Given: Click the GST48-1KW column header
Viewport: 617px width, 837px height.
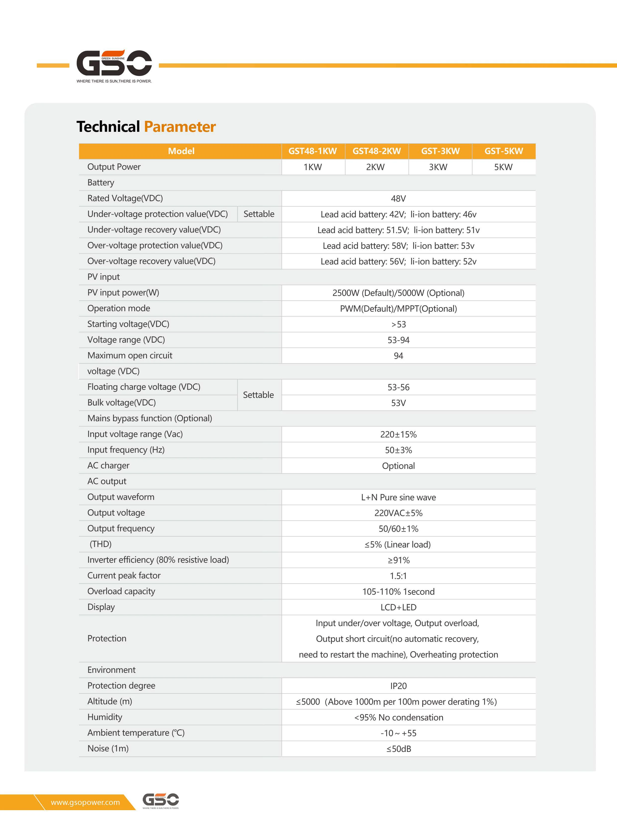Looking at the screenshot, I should coord(313,151).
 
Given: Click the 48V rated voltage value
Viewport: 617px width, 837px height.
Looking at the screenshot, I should coord(398,198).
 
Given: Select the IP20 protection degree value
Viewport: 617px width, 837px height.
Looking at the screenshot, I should coord(398,686).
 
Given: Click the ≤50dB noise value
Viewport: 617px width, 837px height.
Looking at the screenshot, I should coord(398,748).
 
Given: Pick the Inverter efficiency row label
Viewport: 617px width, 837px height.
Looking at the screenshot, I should coord(158,559).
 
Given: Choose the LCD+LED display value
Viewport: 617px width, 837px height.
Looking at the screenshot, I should coord(398,607).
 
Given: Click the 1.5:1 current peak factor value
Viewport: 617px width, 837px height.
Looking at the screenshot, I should coord(398,576).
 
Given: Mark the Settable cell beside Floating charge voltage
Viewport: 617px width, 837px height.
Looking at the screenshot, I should coord(258,395).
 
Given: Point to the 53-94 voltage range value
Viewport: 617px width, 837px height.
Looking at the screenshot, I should coord(398,340).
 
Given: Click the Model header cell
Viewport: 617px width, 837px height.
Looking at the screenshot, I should coord(181,151).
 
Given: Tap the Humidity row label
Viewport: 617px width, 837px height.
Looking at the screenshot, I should coord(105,717).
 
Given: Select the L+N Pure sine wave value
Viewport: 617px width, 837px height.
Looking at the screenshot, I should coord(398,497).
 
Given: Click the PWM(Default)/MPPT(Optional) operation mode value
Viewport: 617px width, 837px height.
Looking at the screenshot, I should coord(398,309).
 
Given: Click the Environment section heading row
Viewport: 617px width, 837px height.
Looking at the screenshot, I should coord(111,670).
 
